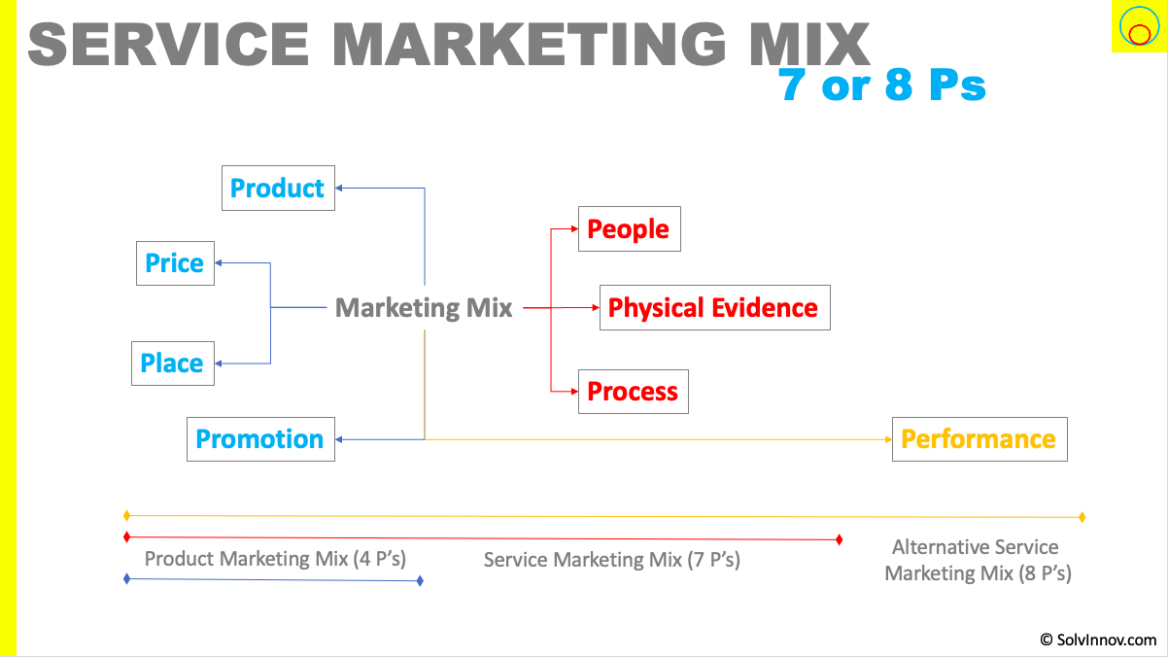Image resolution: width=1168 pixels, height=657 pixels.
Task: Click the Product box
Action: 278,188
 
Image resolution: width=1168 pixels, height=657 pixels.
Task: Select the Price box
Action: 175,262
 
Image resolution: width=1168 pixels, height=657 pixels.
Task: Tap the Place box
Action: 172,363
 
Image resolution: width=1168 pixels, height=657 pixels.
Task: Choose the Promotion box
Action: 260,439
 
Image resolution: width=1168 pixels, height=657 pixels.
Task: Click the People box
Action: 629,229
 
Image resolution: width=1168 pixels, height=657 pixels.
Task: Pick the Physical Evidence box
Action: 714,308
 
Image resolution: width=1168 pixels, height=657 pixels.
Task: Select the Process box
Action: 633,392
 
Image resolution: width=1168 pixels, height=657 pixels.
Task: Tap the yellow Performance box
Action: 979,439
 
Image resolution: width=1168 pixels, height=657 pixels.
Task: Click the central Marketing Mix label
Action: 424,308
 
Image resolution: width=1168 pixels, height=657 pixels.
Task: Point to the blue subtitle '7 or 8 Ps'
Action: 882,86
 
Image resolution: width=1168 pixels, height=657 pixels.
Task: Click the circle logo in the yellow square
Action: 1138,27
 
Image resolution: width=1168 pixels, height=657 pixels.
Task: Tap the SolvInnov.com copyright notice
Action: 1098,640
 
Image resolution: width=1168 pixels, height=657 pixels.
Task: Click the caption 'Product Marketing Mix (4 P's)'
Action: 275,559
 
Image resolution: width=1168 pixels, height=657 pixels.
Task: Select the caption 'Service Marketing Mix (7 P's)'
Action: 612,560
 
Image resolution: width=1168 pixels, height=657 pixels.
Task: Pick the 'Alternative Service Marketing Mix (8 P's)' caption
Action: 978,560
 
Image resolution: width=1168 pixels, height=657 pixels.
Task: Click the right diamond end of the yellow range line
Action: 1082,517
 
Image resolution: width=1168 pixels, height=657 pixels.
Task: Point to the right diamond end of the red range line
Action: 839,539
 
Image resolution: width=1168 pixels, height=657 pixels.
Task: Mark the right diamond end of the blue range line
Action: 420,581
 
